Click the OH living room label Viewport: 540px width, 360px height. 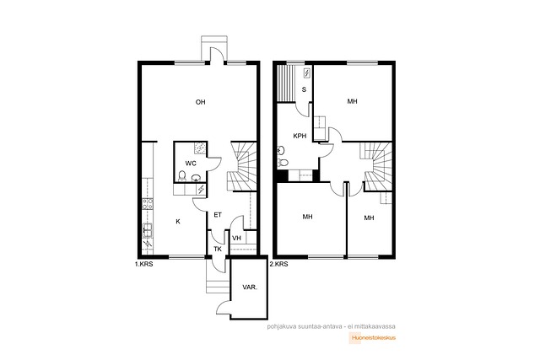tap(201, 102)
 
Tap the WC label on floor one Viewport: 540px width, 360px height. tap(191, 163)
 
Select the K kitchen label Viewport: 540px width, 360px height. tap(178, 221)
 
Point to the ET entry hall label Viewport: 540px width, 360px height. tap(218, 215)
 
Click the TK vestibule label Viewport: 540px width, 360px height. tap(218, 249)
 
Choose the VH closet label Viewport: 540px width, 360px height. tap(236, 238)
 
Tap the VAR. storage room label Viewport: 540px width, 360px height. tap(250, 287)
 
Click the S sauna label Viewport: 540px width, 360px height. tap(304, 89)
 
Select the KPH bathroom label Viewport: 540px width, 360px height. tap(300, 136)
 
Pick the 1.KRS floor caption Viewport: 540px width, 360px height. tap(144, 265)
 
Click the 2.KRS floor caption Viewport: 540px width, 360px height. tap(279, 265)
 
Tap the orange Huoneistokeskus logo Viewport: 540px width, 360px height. tap(373, 337)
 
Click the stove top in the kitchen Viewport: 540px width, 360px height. tap(148, 204)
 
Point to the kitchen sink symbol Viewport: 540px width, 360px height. tap(148, 230)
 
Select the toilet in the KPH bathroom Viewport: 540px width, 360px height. tap(283, 163)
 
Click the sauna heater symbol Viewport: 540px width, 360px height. tap(306, 73)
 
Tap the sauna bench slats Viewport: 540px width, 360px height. tap(285, 83)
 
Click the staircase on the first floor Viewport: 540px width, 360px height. tap(242, 166)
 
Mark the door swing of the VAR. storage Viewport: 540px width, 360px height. tap(224, 306)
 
